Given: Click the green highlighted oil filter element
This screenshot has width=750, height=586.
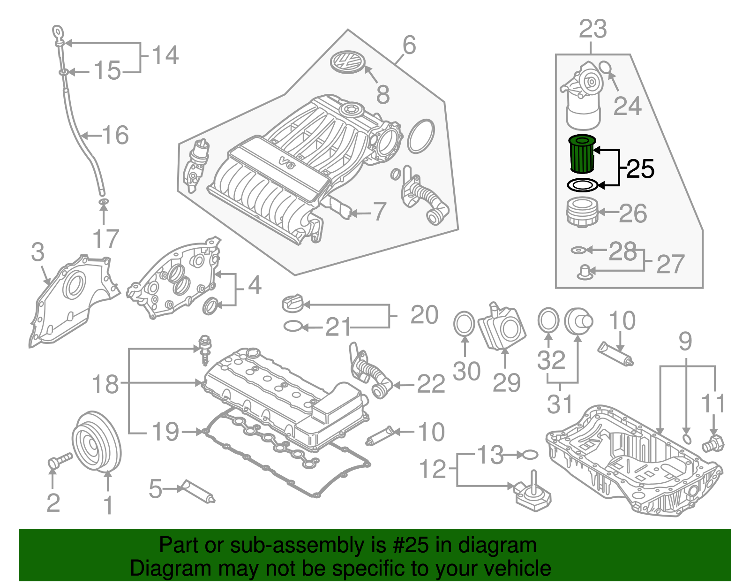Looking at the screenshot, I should (582, 153).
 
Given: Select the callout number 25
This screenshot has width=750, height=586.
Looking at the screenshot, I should (640, 169).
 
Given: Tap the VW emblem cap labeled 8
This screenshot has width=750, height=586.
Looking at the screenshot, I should (347, 62).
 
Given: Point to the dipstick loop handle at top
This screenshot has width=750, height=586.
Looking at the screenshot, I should (57, 33).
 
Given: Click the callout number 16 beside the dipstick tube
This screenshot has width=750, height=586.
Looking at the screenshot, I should (115, 135).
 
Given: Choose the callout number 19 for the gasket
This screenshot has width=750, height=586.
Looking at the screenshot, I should (165, 432).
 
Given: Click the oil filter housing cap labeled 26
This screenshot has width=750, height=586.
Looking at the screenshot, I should (581, 213).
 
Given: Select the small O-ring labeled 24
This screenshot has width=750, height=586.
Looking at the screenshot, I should (605, 68).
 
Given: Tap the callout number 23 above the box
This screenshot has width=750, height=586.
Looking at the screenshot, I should (592, 30).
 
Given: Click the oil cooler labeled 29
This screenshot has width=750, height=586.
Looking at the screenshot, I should (502, 327).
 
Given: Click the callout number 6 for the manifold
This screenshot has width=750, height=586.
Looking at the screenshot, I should (409, 46).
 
